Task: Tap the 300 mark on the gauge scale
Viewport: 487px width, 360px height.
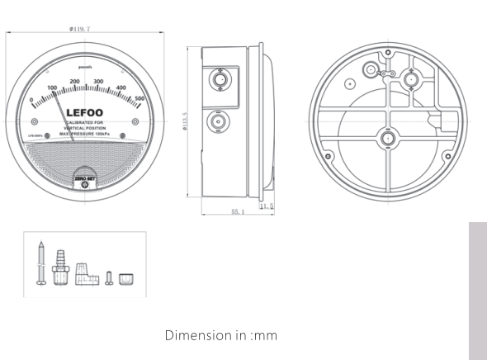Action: (x=98, y=82)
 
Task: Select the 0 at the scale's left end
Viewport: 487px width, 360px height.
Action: (x=31, y=101)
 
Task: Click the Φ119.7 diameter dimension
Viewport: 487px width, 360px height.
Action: (x=81, y=30)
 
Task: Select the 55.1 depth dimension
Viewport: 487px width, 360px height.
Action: (x=237, y=212)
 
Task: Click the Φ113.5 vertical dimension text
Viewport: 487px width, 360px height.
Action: (x=186, y=124)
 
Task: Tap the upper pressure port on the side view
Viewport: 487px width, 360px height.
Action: (x=220, y=81)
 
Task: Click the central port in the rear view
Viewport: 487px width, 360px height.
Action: (x=386, y=136)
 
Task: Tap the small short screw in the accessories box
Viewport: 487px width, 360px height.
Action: (x=109, y=277)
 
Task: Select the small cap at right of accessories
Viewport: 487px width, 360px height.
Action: (x=126, y=278)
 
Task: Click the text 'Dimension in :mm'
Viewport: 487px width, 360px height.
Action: (x=220, y=335)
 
